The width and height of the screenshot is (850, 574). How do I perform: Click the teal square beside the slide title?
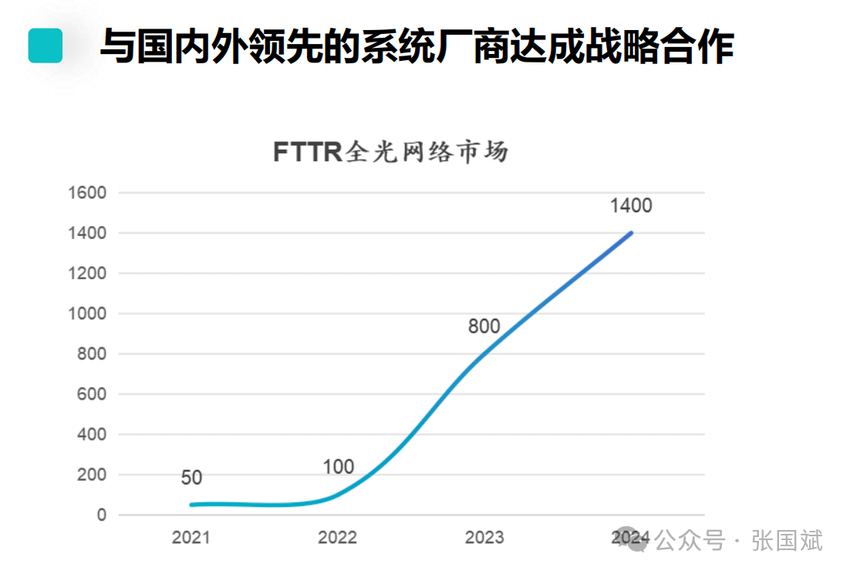point(45,46)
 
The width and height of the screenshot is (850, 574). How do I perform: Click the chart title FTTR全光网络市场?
point(390,152)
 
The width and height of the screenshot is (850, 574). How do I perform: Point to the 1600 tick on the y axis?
point(86,193)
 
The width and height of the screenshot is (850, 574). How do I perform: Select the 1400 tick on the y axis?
point(86,233)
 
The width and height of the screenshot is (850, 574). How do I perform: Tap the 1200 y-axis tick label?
point(86,274)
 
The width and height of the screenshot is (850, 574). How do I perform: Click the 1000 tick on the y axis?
point(86,314)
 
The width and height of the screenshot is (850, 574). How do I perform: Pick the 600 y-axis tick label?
point(90,394)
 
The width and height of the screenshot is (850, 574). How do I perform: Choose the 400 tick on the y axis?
point(90,435)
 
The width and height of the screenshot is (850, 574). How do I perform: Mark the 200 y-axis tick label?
point(90,475)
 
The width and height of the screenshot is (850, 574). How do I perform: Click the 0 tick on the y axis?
point(101,515)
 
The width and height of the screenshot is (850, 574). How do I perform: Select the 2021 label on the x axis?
point(191,538)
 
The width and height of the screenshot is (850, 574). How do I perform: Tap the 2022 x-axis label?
point(338,538)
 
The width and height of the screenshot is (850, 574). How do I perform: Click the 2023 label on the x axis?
point(484,538)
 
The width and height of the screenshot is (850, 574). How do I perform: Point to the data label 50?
point(191,478)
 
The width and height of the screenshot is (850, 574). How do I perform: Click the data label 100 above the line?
point(338,467)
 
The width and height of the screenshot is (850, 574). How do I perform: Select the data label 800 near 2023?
point(484,326)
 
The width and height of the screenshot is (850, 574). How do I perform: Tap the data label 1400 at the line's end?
point(631,206)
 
